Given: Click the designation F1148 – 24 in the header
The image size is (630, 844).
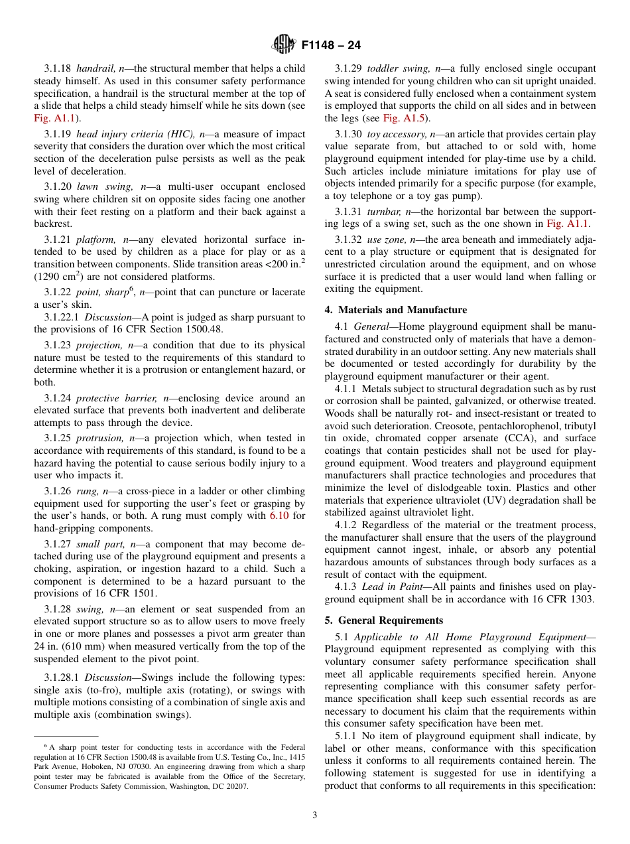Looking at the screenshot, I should point(331,46).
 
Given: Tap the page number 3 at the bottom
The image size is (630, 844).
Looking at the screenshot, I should point(315,815).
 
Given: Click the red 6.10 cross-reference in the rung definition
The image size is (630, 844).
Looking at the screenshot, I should point(279,516).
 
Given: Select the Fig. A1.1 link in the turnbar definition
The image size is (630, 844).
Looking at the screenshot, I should point(567,224).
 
